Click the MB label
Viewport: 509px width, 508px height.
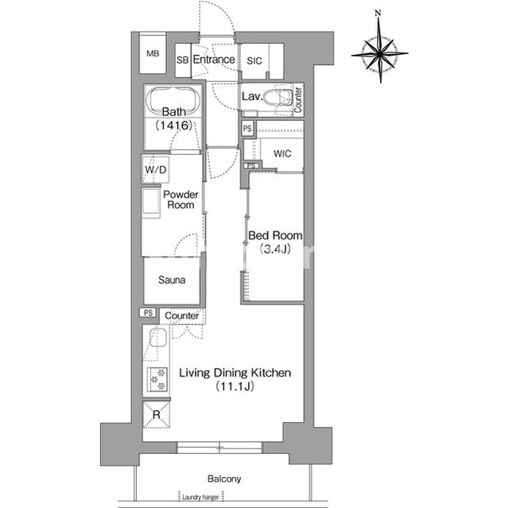coord(153,53)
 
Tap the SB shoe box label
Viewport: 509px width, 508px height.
coord(183,60)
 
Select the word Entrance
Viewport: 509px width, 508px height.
coord(214,60)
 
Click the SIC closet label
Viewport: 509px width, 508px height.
coord(254,60)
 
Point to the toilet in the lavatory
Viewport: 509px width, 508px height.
coord(278,97)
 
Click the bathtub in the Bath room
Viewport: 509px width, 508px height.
coord(173,100)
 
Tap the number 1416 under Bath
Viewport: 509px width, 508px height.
coord(174,125)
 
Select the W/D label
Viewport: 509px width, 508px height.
coord(156,169)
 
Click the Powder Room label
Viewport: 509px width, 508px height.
coord(181,200)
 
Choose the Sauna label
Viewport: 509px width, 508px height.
coord(172,280)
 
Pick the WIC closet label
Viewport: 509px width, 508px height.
coord(282,153)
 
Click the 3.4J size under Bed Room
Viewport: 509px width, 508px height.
coord(275,249)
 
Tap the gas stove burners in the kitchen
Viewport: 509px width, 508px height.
coord(157,379)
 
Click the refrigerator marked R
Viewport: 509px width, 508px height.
coord(157,414)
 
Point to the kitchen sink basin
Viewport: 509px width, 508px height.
coord(158,337)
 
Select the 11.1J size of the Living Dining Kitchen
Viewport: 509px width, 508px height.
coord(235,386)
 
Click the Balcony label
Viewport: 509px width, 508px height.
coord(224,479)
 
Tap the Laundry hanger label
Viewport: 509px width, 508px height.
coord(200,497)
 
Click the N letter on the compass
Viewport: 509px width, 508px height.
coord(378,13)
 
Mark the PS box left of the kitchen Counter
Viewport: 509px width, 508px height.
coord(148,312)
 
